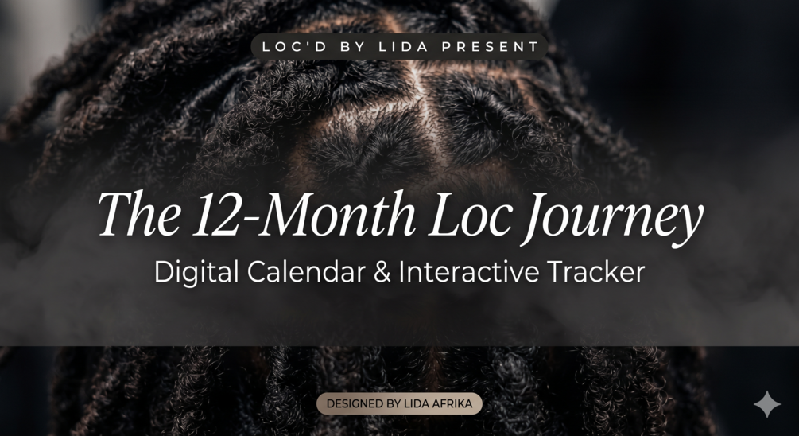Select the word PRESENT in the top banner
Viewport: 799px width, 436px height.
(491, 47)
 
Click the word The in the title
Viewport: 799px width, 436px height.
(139, 215)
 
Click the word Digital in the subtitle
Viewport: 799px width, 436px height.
(196, 272)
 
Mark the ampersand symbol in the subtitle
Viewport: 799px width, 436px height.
(382, 272)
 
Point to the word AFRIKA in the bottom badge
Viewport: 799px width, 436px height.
(452, 404)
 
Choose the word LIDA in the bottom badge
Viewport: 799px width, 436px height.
(417, 404)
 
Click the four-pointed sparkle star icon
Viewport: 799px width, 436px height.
(767, 404)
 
